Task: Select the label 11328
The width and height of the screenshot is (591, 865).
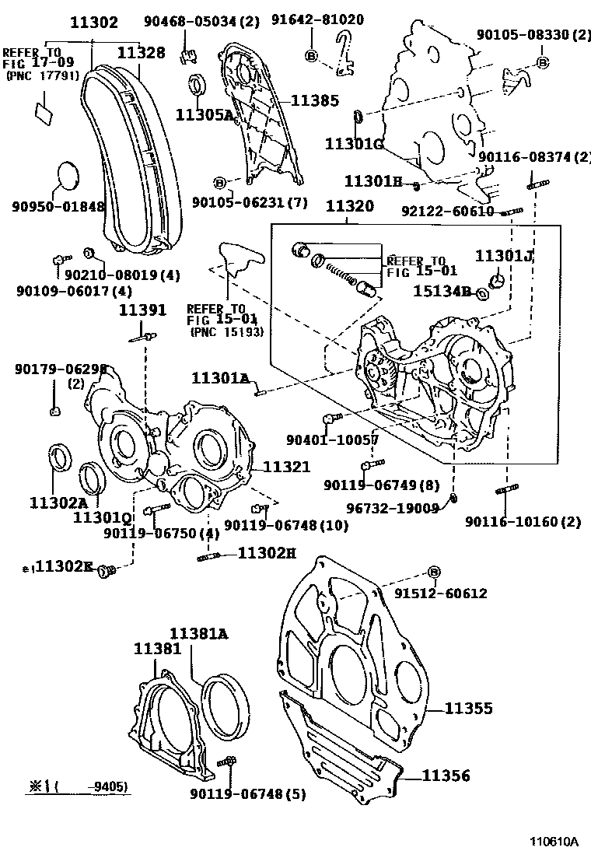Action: tap(141, 52)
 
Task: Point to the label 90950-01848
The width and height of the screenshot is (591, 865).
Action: tap(58, 206)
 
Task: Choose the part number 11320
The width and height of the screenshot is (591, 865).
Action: tap(349, 207)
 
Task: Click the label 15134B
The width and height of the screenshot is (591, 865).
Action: tap(441, 292)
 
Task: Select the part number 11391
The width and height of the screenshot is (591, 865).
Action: tap(142, 310)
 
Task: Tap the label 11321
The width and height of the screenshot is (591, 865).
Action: tap(286, 467)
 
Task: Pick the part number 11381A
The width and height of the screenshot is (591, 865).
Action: tap(199, 634)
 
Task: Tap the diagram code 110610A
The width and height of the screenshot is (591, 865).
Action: tap(554, 841)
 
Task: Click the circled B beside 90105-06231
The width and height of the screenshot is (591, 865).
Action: tap(219, 183)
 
